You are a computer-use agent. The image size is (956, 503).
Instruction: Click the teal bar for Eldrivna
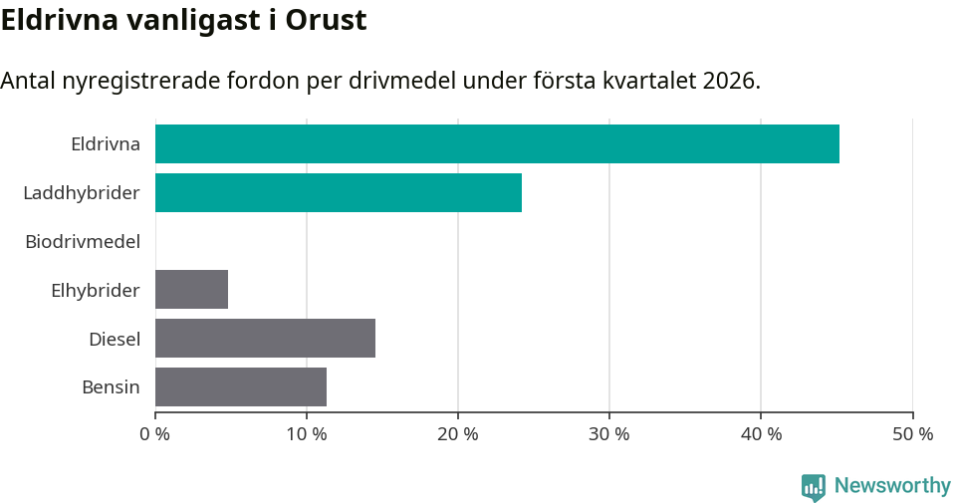pos(497,143)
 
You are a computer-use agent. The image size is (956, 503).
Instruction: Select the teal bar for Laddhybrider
pos(339,192)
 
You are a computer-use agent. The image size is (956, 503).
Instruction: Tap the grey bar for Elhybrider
pos(191,289)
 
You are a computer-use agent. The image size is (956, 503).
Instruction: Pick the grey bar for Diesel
pos(265,338)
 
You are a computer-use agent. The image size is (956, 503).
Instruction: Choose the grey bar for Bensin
pos(241,386)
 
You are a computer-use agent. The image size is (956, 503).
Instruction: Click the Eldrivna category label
pos(106,143)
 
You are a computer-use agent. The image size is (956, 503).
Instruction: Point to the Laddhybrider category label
pos(82,192)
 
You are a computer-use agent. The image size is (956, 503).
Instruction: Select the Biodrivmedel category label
pos(83,241)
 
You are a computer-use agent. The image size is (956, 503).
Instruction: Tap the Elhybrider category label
pos(96,290)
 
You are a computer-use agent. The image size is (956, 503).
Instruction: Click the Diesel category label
pos(115,339)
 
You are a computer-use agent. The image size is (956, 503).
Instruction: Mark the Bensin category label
pos(111,387)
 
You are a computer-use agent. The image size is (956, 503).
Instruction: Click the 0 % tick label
pos(155,434)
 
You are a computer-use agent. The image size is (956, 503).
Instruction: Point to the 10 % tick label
pos(307,434)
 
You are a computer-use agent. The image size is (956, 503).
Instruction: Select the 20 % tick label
pos(458,434)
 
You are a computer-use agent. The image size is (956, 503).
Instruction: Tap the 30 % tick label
pos(609,434)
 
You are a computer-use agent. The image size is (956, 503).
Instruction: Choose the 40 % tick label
pos(761,434)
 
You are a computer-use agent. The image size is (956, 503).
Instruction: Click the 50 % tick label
pos(912,434)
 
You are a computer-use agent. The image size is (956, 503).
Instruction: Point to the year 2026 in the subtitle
pos(728,81)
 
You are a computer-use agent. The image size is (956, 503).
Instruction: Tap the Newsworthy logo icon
pos(814,486)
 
